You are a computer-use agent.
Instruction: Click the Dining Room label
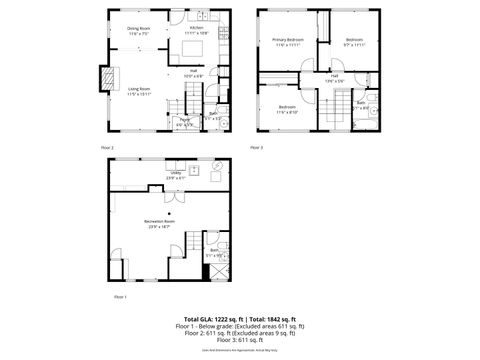coord(138,31)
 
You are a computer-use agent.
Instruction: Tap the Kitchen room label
coord(196,31)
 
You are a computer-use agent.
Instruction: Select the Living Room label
coord(138,91)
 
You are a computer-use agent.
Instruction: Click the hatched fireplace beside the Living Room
coord(103,78)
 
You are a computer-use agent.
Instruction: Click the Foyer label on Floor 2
coord(184,122)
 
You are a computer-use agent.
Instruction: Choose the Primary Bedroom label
coord(287,42)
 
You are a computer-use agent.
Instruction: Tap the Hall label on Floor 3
coord(334,78)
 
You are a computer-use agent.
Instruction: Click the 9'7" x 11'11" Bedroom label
coord(355,42)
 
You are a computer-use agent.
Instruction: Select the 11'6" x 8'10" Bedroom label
coord(287,109)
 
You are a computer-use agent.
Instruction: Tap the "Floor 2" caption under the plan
coord(107,147)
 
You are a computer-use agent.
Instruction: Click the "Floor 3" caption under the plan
coord(256,147)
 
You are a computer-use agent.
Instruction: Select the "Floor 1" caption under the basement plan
coord(120,297)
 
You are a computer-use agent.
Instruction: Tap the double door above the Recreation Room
coord(172,200)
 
